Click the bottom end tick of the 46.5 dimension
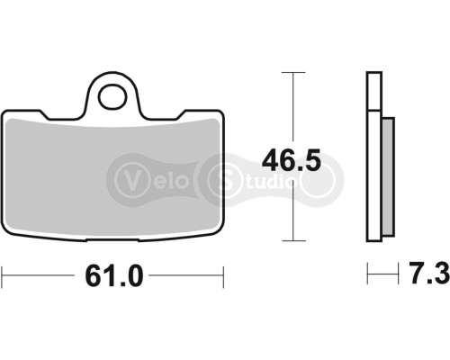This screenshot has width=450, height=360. (x=291, y=241)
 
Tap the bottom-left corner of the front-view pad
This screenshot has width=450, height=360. (x=4, y=240)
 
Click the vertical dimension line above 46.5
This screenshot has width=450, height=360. (x=291, y=108)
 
